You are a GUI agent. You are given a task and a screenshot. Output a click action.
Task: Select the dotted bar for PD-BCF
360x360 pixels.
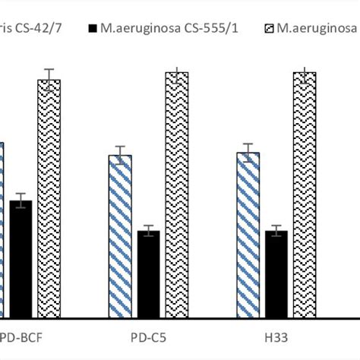click(x=49, y=199)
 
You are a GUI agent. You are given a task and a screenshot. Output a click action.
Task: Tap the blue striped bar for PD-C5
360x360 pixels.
click(x=120, y=236)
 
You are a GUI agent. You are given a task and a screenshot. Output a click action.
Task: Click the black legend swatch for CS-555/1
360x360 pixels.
click(x=93, y=29)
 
